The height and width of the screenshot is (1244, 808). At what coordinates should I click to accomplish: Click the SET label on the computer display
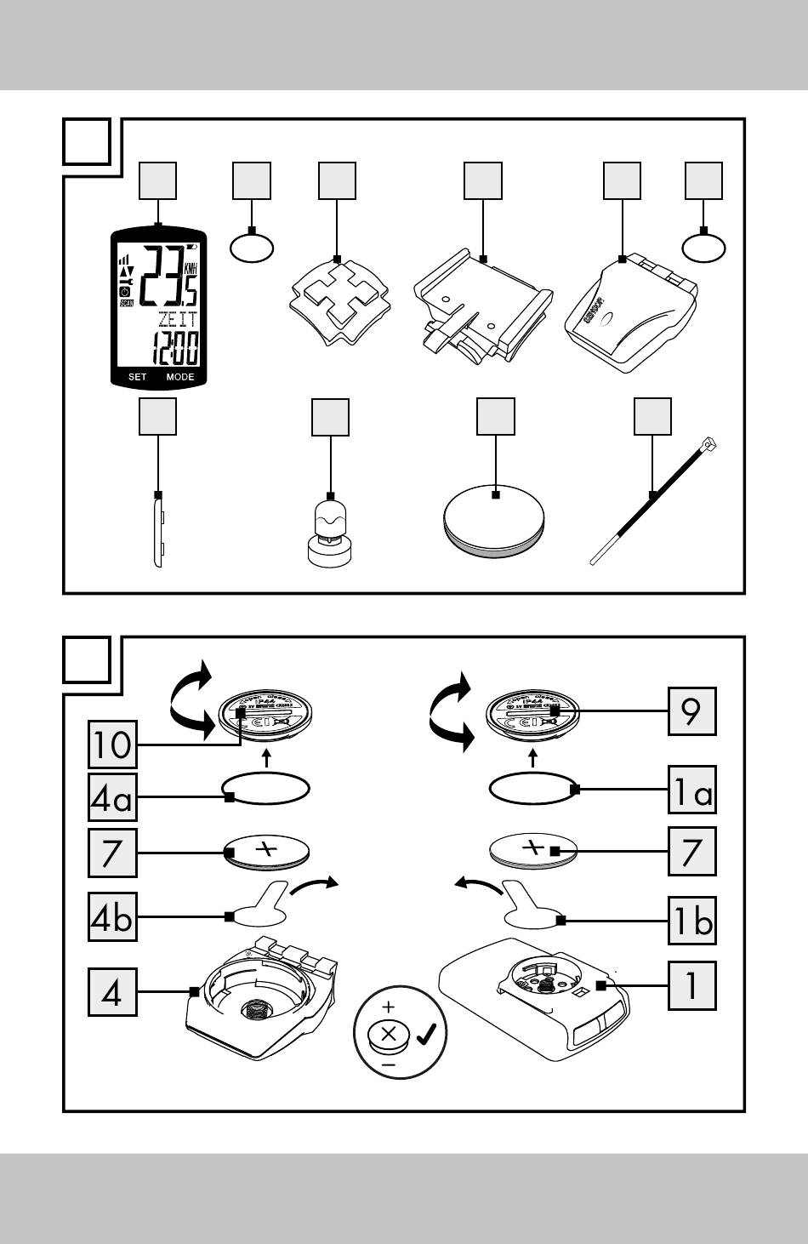[137, 377]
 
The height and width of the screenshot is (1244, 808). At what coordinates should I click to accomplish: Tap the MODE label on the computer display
[180, 377]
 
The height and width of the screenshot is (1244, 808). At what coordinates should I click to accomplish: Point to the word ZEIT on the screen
[177, 321]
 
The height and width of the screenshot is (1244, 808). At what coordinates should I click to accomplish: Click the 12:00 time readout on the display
[175, 350]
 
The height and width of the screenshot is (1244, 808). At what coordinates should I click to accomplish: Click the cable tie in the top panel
[652, 502]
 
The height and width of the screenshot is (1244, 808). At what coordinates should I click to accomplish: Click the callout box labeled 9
[691, 711]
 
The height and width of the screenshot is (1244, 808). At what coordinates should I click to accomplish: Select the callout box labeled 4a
[112, 798]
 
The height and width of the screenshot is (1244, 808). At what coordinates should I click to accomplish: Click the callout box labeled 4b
[112, 916]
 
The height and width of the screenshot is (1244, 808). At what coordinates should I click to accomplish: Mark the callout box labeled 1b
[691, 919]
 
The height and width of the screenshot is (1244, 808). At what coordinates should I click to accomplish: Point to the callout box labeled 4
[112, 991]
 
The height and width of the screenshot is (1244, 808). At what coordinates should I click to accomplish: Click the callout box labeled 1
[691, 985]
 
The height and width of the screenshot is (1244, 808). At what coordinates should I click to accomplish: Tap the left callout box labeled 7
[112, 852]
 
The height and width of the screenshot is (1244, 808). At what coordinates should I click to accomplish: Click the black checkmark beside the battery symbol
[426, 1035]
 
